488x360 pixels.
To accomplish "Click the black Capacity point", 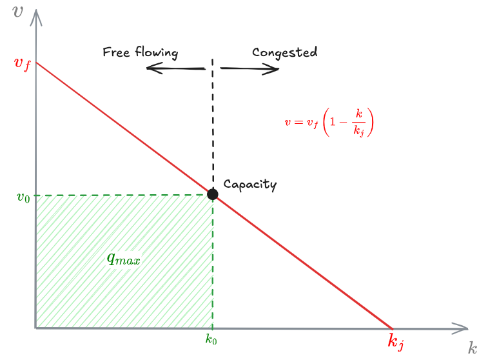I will tap(213, 194).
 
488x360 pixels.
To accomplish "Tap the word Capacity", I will tap(249, 185).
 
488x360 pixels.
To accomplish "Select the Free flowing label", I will tap(140, 52).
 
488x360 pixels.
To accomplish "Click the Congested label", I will tap(284, 52).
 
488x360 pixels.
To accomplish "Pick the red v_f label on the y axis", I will tap(22, 63).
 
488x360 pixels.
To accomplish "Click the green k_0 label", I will tap(211, 339).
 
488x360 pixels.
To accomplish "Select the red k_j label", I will tap(396, 341).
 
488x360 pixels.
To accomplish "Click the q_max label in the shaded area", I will tap(123, 259).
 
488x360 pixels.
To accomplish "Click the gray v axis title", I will tap(18, 12).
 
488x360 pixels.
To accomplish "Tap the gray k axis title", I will tap(473, 349).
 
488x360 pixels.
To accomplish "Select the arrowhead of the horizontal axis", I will tap(460, 328).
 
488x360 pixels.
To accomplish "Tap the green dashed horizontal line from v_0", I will tap(122, 195).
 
